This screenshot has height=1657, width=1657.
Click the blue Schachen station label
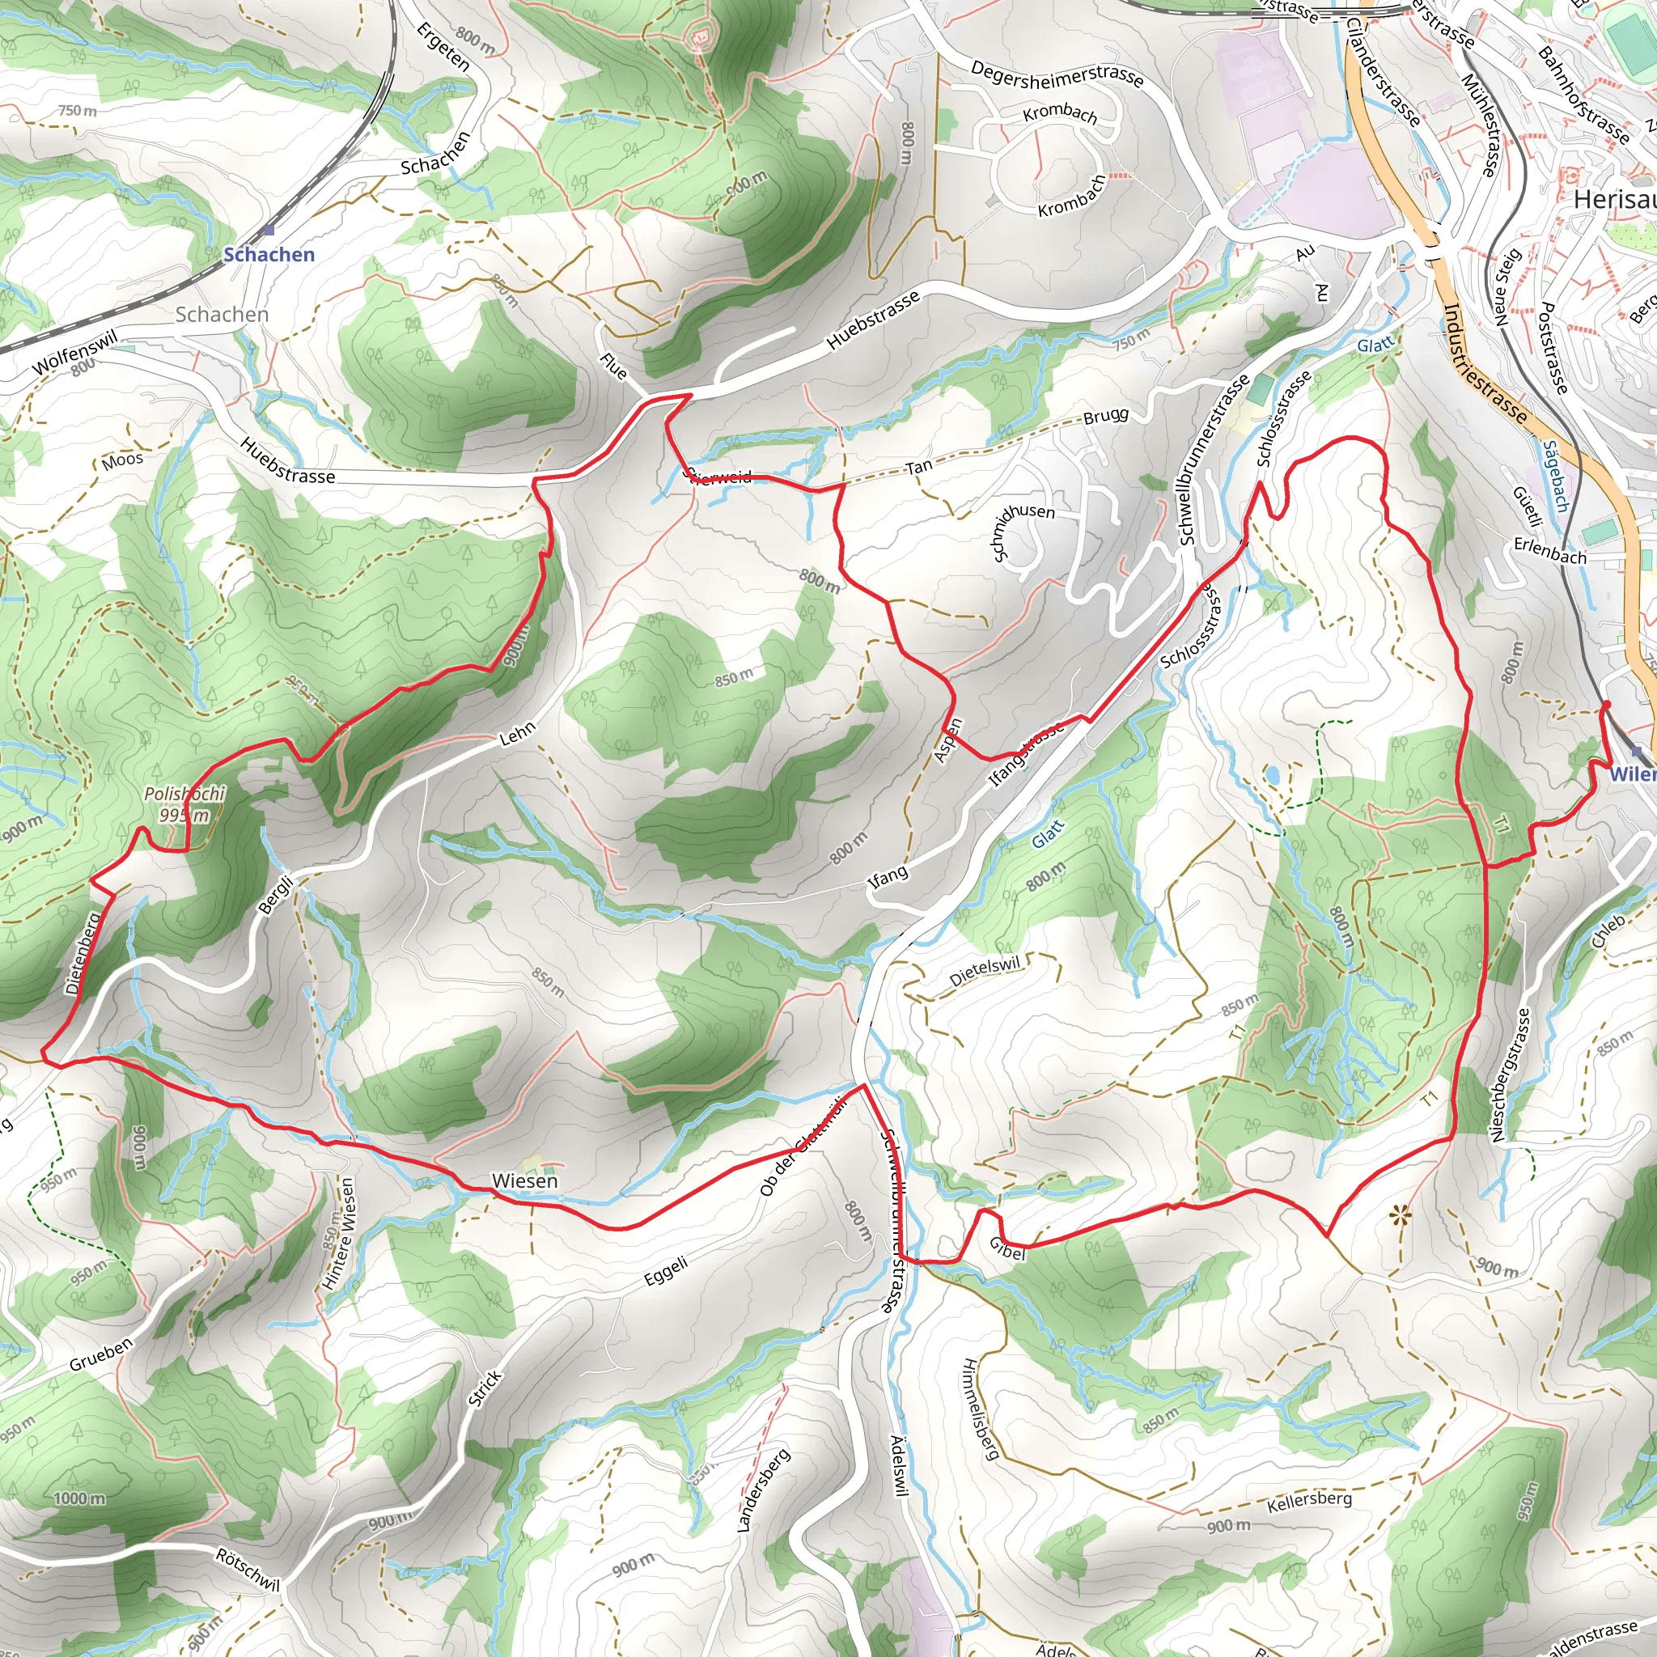(269, 255)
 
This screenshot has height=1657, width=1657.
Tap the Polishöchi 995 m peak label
(184, 803)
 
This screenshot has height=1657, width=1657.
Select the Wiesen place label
(525, 1181)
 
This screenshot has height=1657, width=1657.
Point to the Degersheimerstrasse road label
(1057, 74)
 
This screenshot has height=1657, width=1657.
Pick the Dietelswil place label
(985, 971)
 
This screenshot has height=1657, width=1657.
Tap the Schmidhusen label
(1023, 532)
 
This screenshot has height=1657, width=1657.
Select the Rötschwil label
(248, 1570)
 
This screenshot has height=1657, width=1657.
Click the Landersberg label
(762, 1490)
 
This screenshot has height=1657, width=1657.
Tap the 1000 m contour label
(80, 1498)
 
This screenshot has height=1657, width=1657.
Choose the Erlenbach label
(1549, 549)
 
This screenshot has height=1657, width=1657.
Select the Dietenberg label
(83, 952)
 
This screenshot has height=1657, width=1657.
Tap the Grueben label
(101, 1354)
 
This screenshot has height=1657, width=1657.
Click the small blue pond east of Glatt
(1271, 775)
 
